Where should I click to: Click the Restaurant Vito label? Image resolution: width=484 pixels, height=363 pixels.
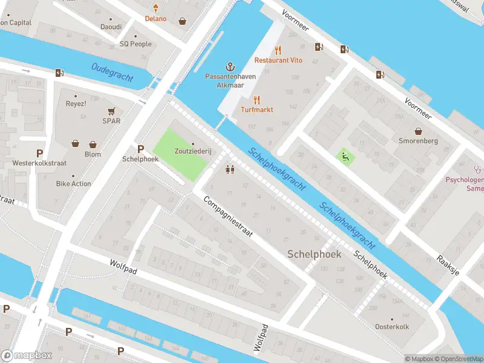(278, 60)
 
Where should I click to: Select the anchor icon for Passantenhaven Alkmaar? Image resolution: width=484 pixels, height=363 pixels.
(229, 66)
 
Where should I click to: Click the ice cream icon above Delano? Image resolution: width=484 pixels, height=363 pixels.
(156, 8)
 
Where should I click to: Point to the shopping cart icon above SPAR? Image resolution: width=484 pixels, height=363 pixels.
(111, 111)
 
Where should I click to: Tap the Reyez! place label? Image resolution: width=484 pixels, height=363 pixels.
(76, 103)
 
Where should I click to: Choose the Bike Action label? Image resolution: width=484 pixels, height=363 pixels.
(73, 183)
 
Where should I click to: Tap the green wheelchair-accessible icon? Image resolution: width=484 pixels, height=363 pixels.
(345, 157)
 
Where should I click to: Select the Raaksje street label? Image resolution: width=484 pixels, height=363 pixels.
(448, 265)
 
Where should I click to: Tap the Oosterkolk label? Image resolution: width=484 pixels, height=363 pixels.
(392, 327)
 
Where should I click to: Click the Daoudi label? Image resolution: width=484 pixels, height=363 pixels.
(111, 27)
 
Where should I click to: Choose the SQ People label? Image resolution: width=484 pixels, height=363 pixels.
(136, 44)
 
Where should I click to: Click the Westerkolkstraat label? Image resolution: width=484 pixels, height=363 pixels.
(40, 163)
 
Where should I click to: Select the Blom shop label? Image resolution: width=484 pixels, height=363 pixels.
(93, 154)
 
